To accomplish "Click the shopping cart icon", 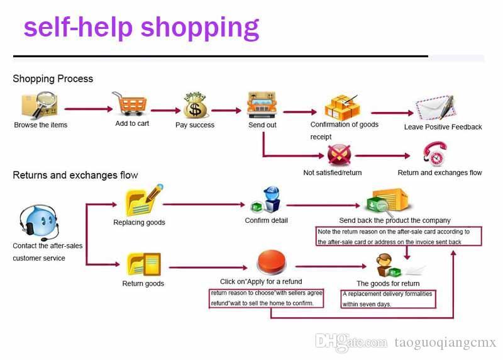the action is (130, 103).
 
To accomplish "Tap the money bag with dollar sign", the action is (195, 105).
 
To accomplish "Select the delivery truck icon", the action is (262, 104).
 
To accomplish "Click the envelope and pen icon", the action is (436, 108).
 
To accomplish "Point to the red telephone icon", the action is (435, 154).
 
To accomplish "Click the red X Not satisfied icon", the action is (339, 155).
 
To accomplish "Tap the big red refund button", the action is (272, 262).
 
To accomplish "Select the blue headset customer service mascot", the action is (39, 223).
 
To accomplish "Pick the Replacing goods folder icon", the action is (143, 200).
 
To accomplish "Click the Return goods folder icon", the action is (143, 264).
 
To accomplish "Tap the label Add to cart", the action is (132, 123).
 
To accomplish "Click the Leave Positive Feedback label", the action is (443, 127).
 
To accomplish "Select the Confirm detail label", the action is (266, 220).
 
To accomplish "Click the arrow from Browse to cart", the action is (89, 109).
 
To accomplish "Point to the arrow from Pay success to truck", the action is (226, 111).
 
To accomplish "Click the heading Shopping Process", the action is (53, 79).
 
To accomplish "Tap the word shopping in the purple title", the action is (200, 28).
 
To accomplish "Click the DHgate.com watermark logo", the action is (351, 342).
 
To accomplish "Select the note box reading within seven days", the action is (388, 299).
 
